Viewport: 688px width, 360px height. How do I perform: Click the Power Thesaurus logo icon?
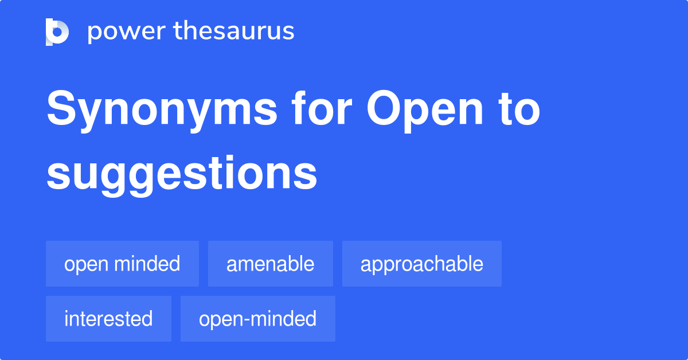[57, 32]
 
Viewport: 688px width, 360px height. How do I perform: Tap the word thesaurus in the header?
[234, 32]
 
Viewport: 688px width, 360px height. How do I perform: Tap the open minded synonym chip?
[122, 264]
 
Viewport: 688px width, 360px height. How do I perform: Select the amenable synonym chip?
[270, 264]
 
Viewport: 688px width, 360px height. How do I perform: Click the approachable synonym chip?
[421, 264]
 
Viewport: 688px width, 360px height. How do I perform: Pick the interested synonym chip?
[108, 319]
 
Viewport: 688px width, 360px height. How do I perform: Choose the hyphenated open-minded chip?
[257, 319]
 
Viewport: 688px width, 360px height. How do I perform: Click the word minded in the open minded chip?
[147, 264]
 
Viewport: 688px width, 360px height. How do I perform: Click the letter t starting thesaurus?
[178, 32]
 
